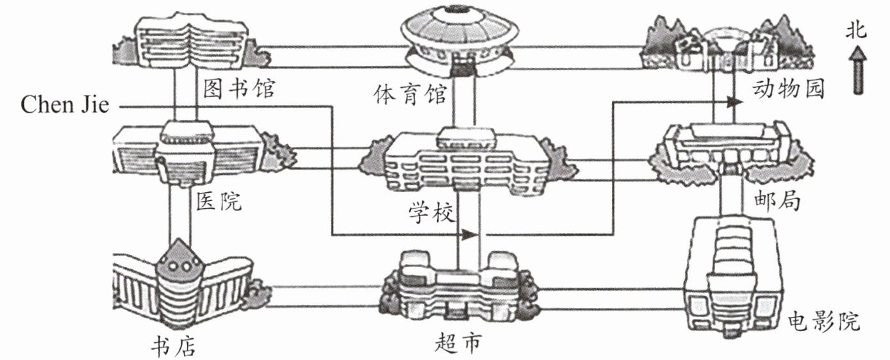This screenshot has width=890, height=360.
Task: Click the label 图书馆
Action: click(x=239, y=88)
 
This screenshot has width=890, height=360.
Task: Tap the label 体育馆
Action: click(x=410, y=95)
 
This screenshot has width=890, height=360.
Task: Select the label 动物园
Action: click(x=788, y=88)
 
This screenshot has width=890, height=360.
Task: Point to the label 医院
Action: click(x=219, y=201)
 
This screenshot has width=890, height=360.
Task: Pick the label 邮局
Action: click(x=777, y=201)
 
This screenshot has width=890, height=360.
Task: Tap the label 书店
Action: click(x=174, y=345)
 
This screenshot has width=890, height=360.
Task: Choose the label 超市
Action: click(x=458, y=343)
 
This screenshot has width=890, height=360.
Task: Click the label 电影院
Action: click(x=824, y=321)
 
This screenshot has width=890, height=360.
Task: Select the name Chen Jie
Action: click(x=65, y=105)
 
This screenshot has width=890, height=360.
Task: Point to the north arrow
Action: click(x=858, y=70)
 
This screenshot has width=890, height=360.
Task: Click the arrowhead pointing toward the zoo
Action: click(x=735, y=102)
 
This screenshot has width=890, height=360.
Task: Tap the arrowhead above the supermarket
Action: click(x=470, y=235)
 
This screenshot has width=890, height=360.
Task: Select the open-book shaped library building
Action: click(x=192, y=44)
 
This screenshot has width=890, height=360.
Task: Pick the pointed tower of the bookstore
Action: click(x=179, y=258)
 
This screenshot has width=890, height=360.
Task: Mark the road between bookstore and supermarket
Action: click(x=323, y=297)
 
